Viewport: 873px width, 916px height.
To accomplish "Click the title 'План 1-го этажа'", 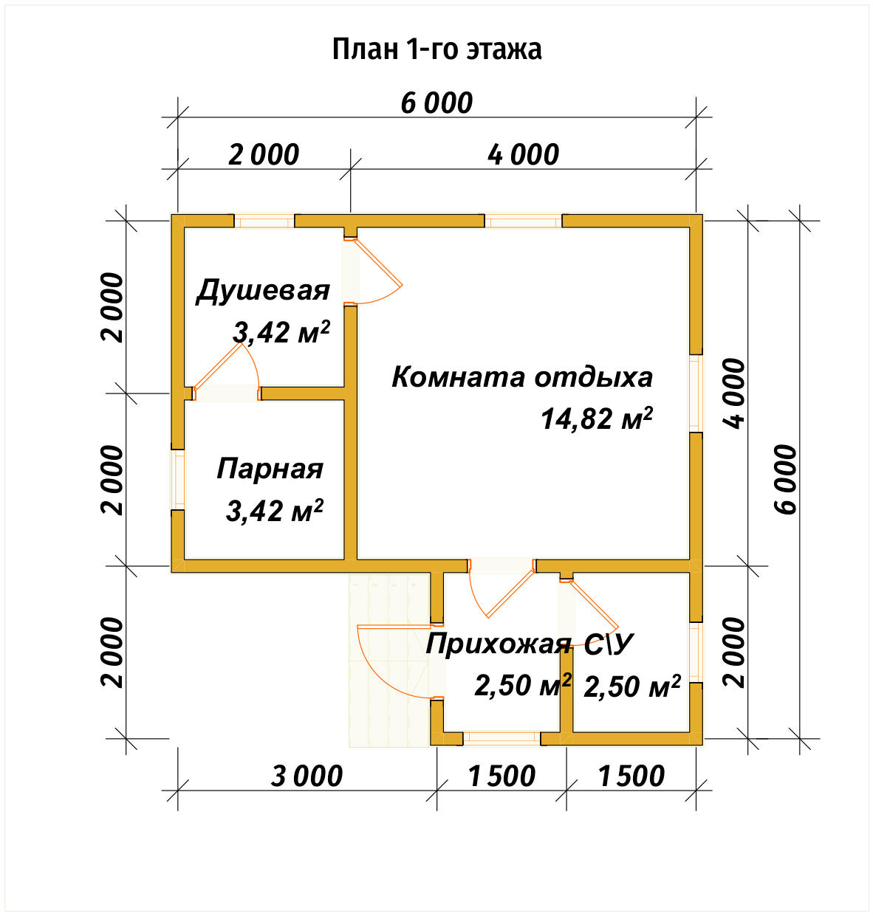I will pos(437,49).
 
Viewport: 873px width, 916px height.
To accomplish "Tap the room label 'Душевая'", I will pos(263,291).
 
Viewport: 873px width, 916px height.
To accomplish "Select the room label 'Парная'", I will pos(270,469).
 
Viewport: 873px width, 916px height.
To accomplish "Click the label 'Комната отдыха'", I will pos(521,377).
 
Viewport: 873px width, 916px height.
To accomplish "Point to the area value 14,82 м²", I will pos(596,419).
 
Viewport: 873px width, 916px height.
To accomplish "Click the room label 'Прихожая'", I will pos(499,644).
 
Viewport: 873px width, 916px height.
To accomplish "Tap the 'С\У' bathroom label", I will pos(609,644).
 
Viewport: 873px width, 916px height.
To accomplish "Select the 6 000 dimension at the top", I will pos(437,103).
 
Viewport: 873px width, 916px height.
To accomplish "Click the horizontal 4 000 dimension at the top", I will pos(523,155).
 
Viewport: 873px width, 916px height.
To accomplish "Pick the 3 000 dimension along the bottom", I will pos(307,776).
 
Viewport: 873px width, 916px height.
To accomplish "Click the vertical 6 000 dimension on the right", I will pos(787,479).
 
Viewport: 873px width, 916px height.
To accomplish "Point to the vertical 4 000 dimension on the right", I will pos(735,393).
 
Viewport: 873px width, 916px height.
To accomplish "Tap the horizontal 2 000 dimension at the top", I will pos(264,155).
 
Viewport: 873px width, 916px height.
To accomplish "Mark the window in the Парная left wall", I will pos(178,479).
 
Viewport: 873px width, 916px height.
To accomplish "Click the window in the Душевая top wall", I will pos(264,221).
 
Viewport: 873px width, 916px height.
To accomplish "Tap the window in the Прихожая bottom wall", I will pos(501,738).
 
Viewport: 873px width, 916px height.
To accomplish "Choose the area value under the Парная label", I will pos(274,511).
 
